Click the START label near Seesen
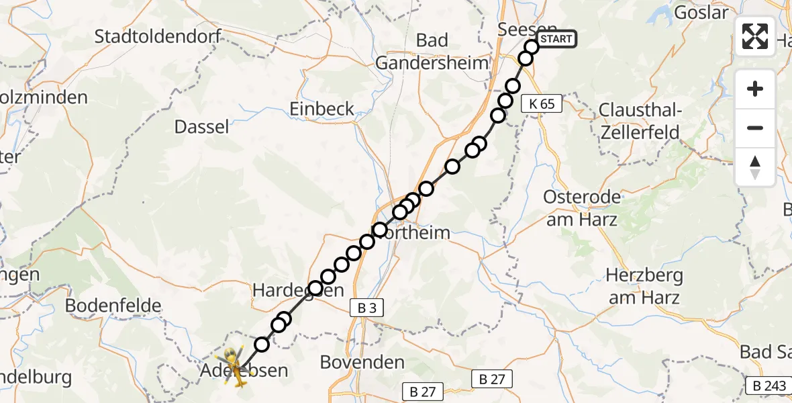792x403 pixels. click(556, 39)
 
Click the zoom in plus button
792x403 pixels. click(755, 89)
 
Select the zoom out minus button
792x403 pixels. click(755, 128)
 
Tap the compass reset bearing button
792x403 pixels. click(755, 167)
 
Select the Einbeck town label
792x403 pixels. click(321, 109)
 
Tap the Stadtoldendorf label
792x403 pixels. click(158, 36)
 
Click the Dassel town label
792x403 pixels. click(201, 126)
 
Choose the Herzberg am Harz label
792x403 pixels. click(644, 286)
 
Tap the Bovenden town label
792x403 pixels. click(362, 363)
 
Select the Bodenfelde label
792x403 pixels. click(113, 306)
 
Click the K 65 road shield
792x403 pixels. click(542, 104)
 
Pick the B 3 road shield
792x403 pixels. click(366, 308)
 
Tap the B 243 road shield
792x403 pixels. click(769, 386)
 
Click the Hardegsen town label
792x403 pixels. click(298, 290)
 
